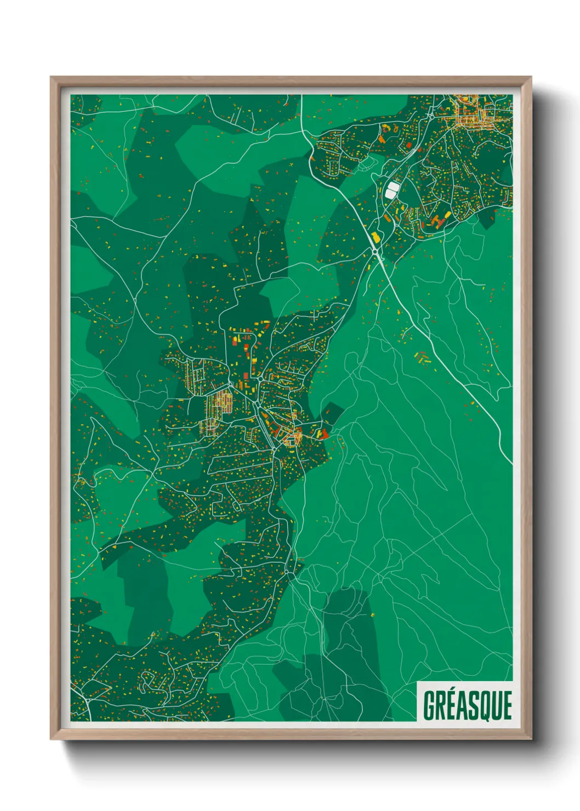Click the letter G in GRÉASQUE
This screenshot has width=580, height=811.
[429, 705]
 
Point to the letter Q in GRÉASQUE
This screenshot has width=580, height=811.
[484, 706]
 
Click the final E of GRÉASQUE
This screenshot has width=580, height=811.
[507, 705]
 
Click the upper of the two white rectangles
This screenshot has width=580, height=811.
[392, 186]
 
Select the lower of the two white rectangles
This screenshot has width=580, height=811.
[390, 193]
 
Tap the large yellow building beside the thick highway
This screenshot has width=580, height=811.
[376, 237]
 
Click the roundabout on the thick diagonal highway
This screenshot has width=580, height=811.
[374, 251]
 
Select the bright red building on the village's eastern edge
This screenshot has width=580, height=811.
[323, 434]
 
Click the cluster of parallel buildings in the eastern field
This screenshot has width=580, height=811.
[422, 357]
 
